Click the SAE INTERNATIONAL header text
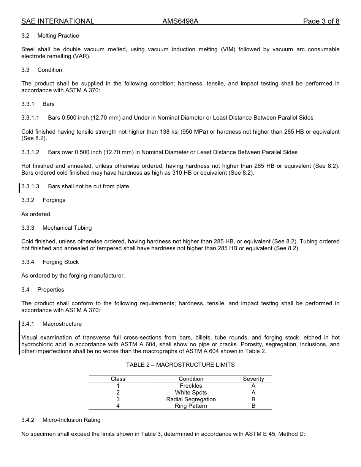click(58, 21)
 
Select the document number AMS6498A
click(180, 21)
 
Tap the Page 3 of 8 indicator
click(321, 21)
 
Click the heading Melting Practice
click(58, 36)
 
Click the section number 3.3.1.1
click(30, 118)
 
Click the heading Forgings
click(54, 200)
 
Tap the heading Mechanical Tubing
click(67, 228)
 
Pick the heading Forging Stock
click(61, 262)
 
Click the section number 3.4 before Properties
click(25, 290)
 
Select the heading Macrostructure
click(62, 324)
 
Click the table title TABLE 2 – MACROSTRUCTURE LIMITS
click(180, 365)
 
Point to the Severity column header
click(253, 379)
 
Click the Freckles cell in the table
click(191, 386)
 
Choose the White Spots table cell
click(191, 393)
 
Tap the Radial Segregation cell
click(191, 399)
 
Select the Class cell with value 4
click(118, 406)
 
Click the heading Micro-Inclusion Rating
click(71, 420)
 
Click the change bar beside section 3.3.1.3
click(19, 188)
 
